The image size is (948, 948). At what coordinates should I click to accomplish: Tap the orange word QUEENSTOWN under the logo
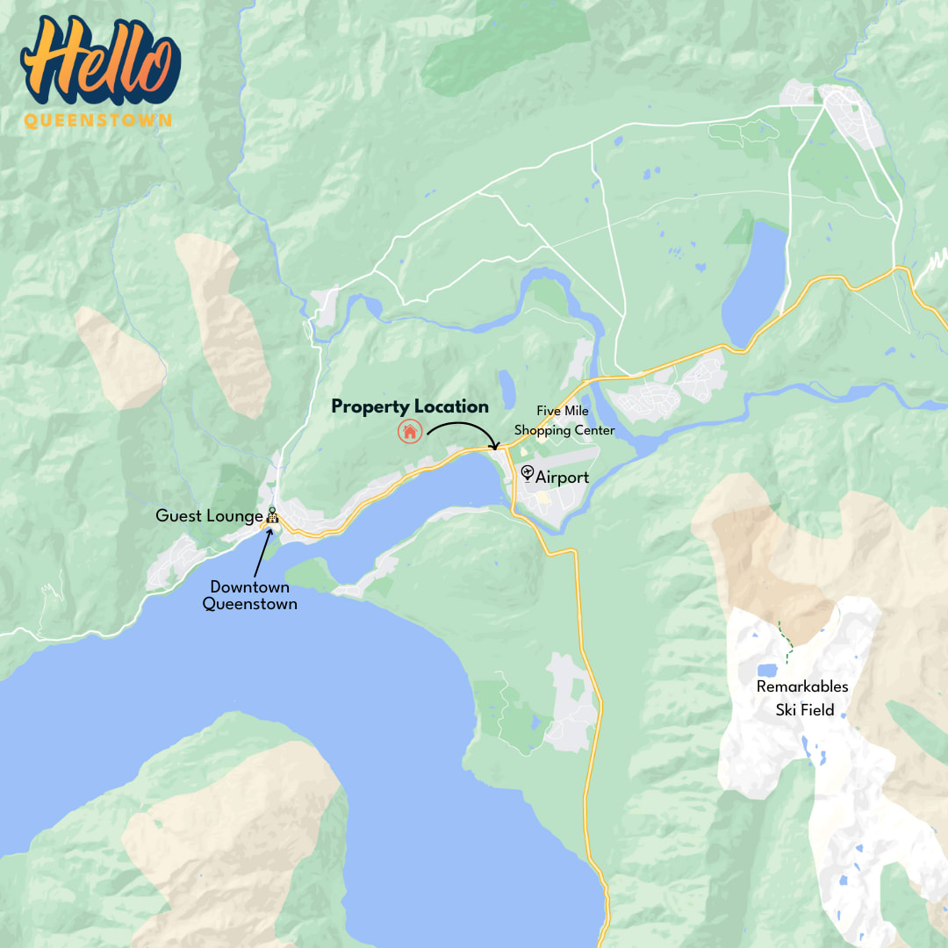[x=98, y=121]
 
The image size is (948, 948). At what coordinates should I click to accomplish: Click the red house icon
[x=409, y=431]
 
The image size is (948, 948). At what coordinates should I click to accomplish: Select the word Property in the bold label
[x=369, y=406]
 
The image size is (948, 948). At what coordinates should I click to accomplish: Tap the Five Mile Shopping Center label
[x=564, y=420]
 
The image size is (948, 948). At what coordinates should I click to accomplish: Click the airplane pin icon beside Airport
[x=528, y=473]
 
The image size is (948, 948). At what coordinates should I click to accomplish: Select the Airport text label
[x=562, y=478]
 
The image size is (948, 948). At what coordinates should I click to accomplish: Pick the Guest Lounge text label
[x=209, y=516]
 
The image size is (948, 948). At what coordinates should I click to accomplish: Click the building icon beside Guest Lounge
[x=272, y=516]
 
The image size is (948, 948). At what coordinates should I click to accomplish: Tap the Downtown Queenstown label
[x=249, y=595]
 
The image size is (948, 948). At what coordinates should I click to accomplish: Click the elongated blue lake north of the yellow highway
[x=753, y=283]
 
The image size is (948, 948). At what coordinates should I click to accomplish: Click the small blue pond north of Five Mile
[x=506, y=388]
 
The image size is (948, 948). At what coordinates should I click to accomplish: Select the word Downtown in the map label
[x=249, y=587]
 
